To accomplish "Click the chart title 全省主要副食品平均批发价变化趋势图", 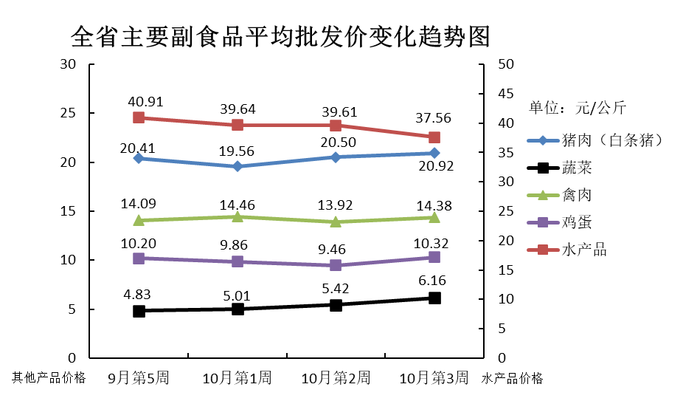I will tap(281, 35).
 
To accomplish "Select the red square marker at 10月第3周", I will tap(434, 137).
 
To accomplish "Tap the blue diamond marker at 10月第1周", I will tap(238, 166).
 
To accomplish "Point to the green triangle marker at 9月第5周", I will tap(139, 220).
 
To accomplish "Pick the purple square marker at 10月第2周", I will tap(336, 265).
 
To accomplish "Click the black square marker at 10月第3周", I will tap(434, 298).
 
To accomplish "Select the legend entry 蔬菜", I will tap(577, 168).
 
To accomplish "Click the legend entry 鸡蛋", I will tap(577, 222).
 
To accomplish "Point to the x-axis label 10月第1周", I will tap(238, 378).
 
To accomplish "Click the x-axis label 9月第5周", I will tap(139, 378).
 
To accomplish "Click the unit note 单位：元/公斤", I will tap(578, 108).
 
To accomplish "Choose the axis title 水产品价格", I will tap(513, 378).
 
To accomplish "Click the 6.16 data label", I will tap(434, 281).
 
